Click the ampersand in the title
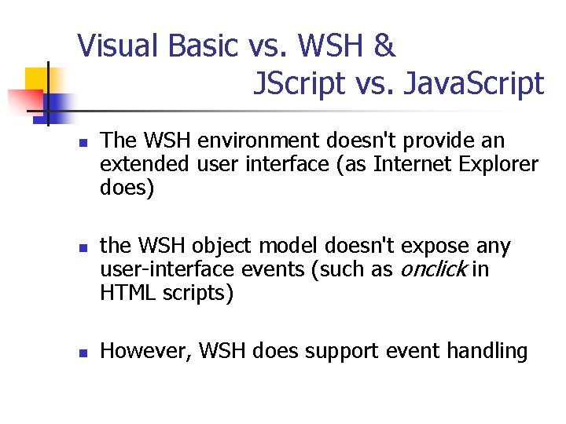coord(384,46)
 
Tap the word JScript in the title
coord(299,82)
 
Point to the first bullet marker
coord(82,143)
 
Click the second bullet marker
coord(82,249)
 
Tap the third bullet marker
coord(82,353)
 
